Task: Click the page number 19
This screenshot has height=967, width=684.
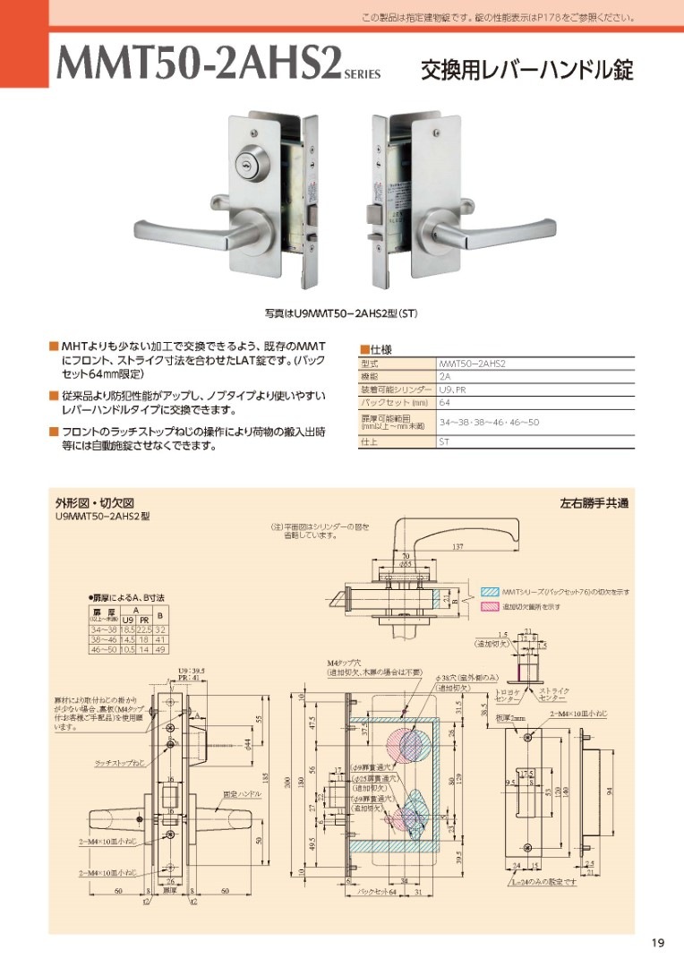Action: click(658, 942)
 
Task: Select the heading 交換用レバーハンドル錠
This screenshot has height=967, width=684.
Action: click(527, 71)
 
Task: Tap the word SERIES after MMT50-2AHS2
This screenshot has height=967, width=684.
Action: click(363, 77)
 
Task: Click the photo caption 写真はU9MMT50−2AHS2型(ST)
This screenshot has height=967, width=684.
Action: click(341, 314)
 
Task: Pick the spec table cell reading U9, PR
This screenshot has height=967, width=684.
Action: click(452, 390)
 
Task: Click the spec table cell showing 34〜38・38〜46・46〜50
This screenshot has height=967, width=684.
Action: click(488, 422)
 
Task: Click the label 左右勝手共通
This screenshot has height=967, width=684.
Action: click(594, 503)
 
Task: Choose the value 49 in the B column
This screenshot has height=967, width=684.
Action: click(161, 649)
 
